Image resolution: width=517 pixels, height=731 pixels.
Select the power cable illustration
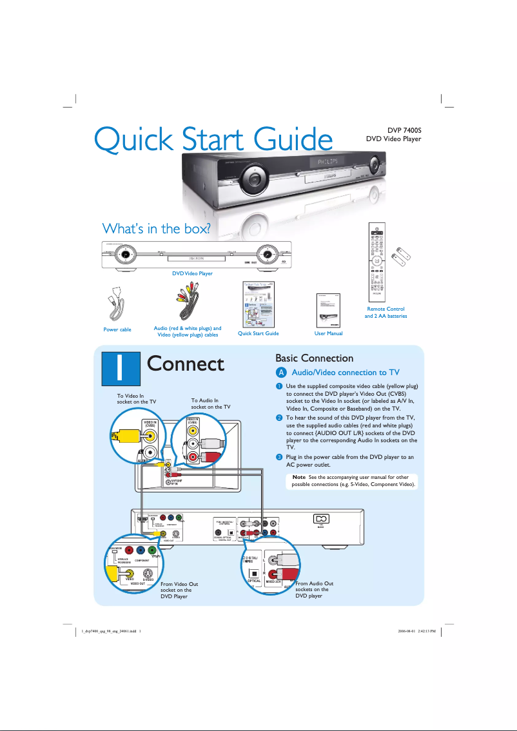coord(117,306)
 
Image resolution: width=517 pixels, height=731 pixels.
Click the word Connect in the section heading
coord(186,364)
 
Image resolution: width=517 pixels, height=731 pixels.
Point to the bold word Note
coord(299,477)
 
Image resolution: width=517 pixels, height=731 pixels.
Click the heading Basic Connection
coord(314,358)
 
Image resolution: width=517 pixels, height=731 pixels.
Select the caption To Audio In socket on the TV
coord(210,404)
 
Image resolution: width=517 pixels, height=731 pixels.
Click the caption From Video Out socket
coord(179,589)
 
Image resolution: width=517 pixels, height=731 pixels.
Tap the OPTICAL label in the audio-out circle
coord(254,581)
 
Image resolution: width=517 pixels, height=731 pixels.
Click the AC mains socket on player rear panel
coord(320,519)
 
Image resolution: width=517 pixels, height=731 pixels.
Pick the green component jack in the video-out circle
coord(151,551)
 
